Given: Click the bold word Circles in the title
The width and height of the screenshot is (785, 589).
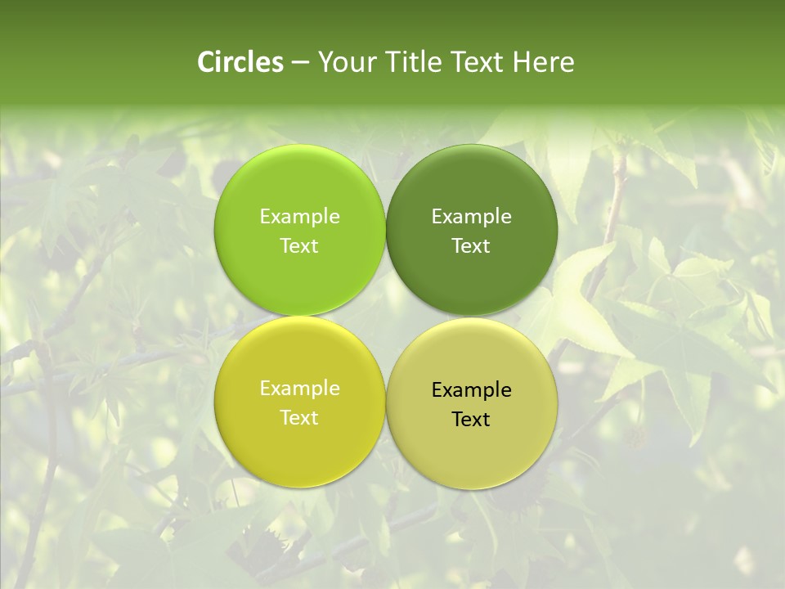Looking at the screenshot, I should pyautogui.click(x=240, y=62).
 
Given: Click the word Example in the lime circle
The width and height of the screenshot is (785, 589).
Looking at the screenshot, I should pyautogui.click(x=299, y=217).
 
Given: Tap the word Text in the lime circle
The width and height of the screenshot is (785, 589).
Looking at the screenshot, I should pyautogui.click(x=299, y=246).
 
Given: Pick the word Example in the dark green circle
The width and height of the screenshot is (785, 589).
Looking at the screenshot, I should pyautogui.click(x=471, y=217).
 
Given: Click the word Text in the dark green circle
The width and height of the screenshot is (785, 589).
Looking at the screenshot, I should pyautogui.click(x=471, y=246).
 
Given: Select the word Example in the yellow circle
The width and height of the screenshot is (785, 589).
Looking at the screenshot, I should pyautogui.click(x=299, y=389).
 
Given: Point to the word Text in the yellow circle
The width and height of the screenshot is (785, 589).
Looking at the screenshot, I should pyautogui.click(x=299, y=418).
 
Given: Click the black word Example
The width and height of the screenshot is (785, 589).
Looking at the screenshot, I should pyautogui.click(x=471, y=390).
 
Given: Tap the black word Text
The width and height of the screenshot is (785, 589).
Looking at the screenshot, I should pyautogui.click(x=471, y=420).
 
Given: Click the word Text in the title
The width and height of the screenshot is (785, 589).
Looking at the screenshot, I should pyautogui.click(x=480, y=62).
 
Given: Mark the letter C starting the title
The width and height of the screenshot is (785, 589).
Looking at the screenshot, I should pyautogui.click(x=206, y=62).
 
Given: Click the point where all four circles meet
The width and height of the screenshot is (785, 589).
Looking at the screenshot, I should pyautogui.click(x=386, y=317).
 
